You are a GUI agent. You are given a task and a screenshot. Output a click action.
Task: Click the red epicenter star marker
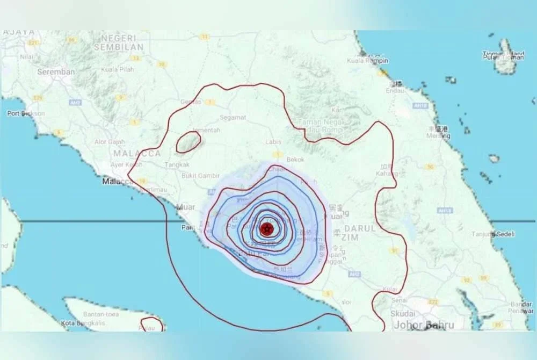[x=266, y=229]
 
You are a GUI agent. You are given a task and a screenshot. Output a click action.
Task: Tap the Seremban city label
[x=56, y=71]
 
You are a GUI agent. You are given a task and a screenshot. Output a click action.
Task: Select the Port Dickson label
[x=26, y=113]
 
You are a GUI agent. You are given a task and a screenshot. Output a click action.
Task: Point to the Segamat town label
[x=233, y=117]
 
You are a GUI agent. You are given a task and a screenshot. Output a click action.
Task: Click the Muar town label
[x=186, y=206]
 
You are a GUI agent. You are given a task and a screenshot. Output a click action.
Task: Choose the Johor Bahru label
[x=424, y=325]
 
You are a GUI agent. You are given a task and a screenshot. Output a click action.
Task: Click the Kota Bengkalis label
[x=83, y=323]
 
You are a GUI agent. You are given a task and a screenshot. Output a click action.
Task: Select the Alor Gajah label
[x=110, y=142]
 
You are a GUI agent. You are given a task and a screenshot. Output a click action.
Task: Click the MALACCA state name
[x=137, y=153]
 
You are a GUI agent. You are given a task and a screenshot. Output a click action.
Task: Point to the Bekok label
[x=295, y=160]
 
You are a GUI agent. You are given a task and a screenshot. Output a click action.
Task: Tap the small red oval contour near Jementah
[x=188, y=142]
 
